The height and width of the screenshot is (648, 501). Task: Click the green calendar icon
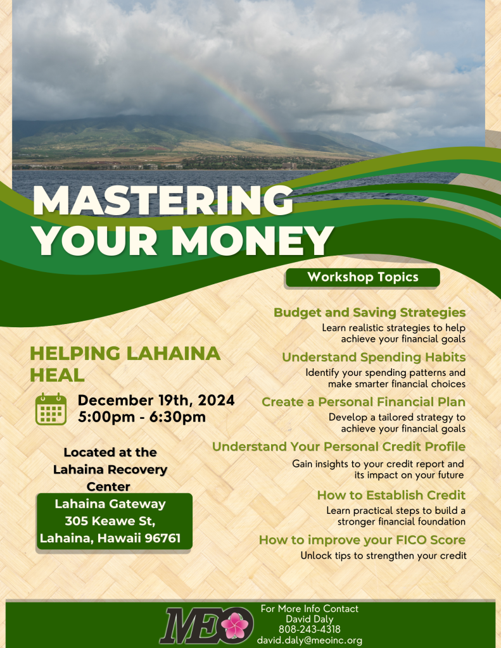click(51, 409)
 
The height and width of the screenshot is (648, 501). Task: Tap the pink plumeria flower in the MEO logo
click(235, 625)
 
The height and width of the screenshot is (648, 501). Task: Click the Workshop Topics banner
click(362, 277)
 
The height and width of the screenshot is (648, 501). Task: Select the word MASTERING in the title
click(163, 201)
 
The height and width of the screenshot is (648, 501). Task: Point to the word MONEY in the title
click(252, 241)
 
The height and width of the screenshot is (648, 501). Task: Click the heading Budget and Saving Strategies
click(370, 313)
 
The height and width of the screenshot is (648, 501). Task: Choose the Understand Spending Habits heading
click(374, 357)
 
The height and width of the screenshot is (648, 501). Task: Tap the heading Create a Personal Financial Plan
click(364, 402)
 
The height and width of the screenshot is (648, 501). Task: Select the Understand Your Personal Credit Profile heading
click(339, 447)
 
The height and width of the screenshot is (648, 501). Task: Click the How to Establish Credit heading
click(391, 495)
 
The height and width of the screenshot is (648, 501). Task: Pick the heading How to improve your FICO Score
click(362, 540)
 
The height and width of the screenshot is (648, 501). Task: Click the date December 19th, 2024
click(156, 400)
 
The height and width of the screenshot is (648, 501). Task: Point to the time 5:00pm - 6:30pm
click(142, 417)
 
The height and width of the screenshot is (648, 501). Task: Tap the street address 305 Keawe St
click(110, 521)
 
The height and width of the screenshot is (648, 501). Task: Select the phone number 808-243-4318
click(310, 630)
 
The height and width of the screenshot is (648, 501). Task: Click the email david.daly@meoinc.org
click(310, 640)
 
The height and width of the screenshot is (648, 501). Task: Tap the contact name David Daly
click(310, 619)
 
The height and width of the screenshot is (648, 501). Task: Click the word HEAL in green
click(57, 375)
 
